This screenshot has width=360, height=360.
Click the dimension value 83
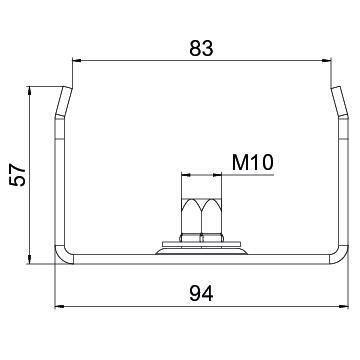(201, 48)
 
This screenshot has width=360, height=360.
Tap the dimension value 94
(201, 294)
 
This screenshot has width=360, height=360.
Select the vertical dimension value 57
(18, 174)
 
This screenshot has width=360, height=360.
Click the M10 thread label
(253, 163)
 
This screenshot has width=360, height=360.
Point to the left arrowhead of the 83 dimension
(77, 60)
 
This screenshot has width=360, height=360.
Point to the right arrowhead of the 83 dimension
(326, 60)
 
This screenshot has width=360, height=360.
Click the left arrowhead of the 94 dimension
(59, 306)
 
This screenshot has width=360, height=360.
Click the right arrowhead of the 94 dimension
(344, 306)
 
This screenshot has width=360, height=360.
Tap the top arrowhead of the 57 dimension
(30, 91)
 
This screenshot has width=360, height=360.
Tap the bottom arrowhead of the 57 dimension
(30, 259)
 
